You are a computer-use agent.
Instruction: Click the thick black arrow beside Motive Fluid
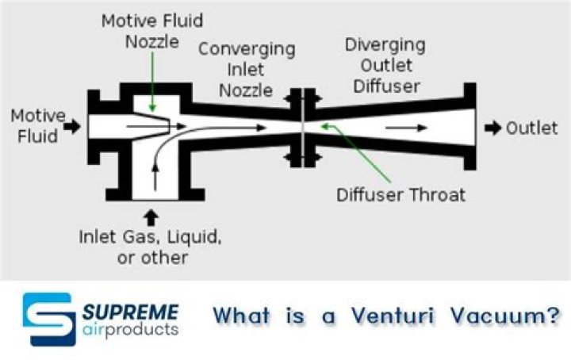72,127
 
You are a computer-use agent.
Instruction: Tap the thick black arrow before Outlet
492,128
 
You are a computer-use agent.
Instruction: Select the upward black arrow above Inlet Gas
151,218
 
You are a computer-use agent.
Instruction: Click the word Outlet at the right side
531,128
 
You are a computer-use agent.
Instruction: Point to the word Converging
247,49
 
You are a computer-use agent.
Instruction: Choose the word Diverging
385,45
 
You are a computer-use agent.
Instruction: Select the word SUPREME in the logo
131,312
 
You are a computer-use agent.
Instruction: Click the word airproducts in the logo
131,330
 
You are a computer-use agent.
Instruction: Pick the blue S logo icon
49,320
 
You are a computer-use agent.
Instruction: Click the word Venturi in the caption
393,315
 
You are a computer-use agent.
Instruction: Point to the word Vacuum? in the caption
504,315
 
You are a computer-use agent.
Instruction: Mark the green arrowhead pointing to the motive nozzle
152,108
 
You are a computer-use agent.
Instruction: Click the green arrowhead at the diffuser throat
324,126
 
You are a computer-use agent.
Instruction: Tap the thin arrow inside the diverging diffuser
406,128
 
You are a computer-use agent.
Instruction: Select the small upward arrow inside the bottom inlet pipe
155,178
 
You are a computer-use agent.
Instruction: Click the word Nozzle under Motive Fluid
152,42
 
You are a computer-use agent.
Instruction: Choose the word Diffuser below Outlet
387,86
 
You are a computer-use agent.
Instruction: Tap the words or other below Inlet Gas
152,258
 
